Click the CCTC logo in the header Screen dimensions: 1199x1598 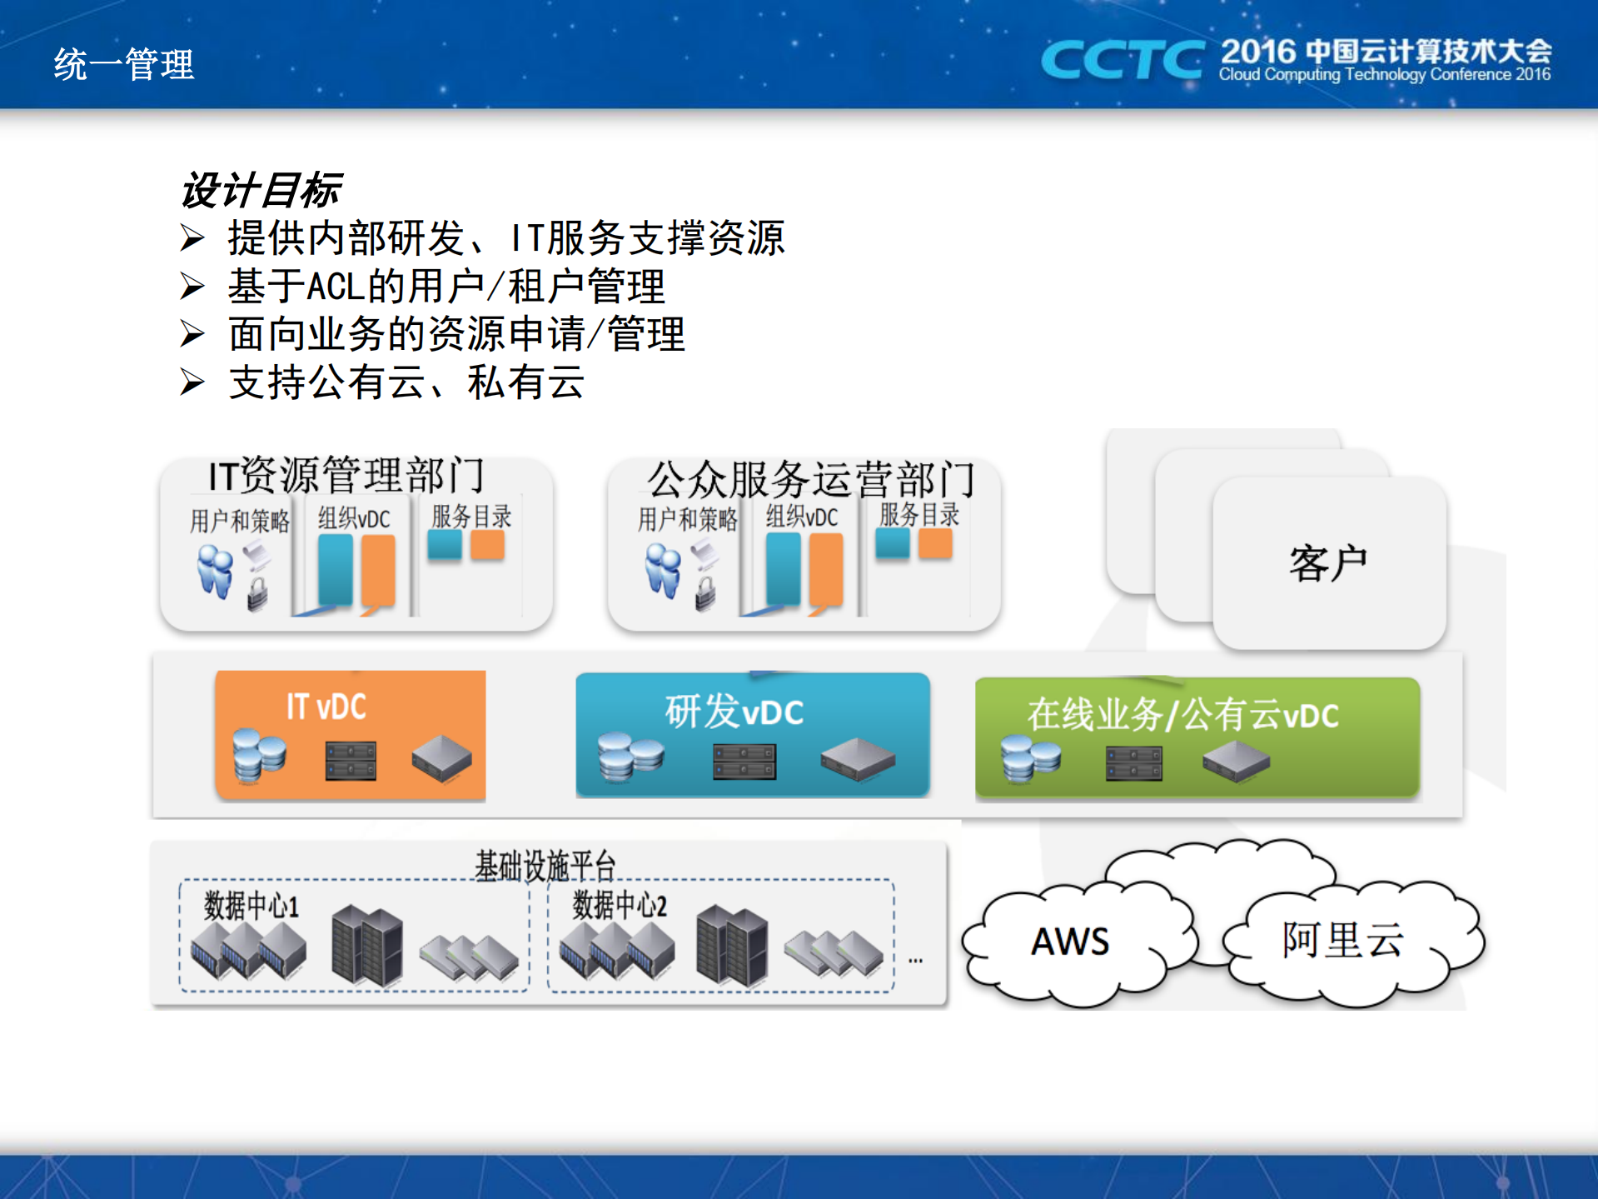pyautogui.click(x=1122, y=60)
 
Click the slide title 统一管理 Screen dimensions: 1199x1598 pyautogui.click(x=123, y=64)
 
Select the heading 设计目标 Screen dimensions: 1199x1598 pyautogui.click(x=261, y=190)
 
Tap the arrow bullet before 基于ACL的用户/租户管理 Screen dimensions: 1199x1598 pyautogui.click(x=192, y=287)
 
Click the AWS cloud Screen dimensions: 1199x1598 pyautogui.click(x=1070, y=942)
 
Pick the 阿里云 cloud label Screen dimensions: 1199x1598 pyautogui.click(x=1342, y=940)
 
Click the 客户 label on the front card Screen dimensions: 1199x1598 pyautogui.click(x=1328, y=563)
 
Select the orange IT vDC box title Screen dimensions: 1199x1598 pyautogui.click(x=326, y=707)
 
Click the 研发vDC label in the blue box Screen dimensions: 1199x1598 pyautogui.click(x=734, y=712)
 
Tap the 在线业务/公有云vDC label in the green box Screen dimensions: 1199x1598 pyautogui.click(x=1182, y=715)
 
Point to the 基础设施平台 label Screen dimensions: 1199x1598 pyautogui.click(x=545, y=865)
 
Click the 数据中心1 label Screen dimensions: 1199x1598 pyautogui.click(x=251, y=905)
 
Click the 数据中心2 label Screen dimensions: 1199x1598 pyautogui.click(x=620, y=905)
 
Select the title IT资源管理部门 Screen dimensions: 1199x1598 pyautogui.click(x=346, y=476)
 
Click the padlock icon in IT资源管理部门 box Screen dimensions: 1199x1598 pyautogui.click(x=257, y=594)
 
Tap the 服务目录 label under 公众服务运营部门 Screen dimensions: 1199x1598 pyautogui.click(x=918, y=514)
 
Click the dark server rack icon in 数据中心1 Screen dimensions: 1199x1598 pyautogui.click(x=366, y=946)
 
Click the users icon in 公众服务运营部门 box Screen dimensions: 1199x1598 pyautogui.click(x=664, y=571)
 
